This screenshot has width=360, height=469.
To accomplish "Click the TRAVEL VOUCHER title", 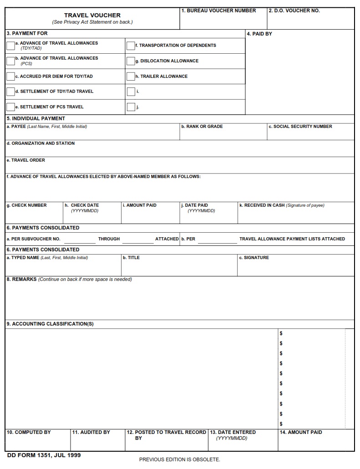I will (92, 15).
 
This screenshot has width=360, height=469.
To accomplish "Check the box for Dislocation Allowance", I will (131, 61).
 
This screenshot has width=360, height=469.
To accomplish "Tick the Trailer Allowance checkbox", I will (131, 76).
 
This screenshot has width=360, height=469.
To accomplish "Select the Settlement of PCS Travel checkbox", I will (10, 107).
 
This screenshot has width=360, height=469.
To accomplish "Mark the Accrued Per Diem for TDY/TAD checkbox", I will (10, 76).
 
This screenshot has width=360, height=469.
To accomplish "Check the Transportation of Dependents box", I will (131, 46).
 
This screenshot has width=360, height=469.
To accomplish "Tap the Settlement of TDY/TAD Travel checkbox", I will (10, 92).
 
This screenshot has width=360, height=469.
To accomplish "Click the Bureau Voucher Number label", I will (218, 10).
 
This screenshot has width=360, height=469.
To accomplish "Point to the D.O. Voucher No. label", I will (294, 10).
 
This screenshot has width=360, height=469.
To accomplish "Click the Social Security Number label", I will (300, 127).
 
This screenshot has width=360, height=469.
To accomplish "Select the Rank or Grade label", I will (202, 127).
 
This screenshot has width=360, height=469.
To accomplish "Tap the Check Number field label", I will (26, 205).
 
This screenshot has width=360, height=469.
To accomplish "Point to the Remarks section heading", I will (21, 279).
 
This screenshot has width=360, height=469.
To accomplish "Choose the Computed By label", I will (28, 432).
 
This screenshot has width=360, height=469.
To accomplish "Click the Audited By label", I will (91, 432).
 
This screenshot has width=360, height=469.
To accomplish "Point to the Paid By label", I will (259, 34).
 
